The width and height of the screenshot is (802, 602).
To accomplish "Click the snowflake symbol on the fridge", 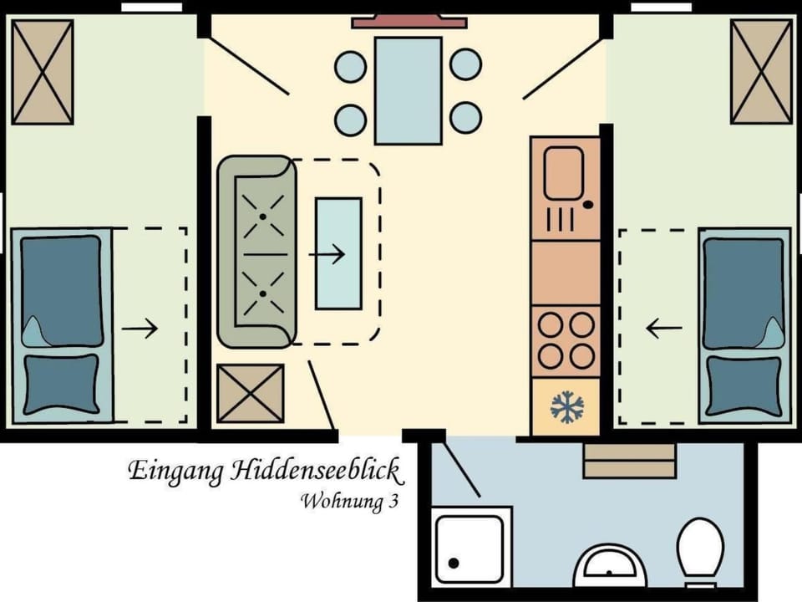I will [567, 407].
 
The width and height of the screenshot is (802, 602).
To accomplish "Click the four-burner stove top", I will [566, 340].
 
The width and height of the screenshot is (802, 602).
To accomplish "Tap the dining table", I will [408, 90].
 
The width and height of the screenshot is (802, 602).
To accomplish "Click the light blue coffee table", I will [338, 253].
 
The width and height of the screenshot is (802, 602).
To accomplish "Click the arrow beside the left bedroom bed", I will [140, 329].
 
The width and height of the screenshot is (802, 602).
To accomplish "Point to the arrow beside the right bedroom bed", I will [664, 329].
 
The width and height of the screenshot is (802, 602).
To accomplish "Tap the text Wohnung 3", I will [348, 502].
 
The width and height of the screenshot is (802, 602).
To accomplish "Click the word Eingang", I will [175, 472].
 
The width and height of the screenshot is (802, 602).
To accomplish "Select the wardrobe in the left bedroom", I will [43, 72].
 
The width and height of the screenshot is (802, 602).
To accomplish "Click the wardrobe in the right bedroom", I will [760, 71].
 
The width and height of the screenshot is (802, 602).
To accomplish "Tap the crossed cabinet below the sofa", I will [250, 393].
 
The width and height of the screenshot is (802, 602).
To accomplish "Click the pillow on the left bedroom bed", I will [61, 384].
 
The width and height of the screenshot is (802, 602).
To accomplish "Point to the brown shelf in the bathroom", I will [629, 461].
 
